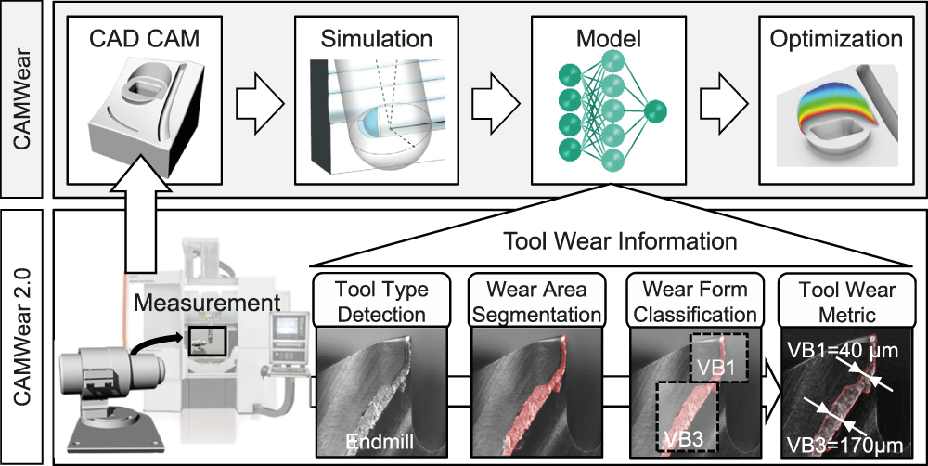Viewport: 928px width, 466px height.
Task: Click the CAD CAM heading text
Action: (x=145, y=39)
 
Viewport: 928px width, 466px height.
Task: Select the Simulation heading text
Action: (x=377, y=39)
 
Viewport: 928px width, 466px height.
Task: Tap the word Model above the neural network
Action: (x=609, y=39)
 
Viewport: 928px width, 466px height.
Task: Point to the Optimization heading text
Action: (x=836, y=39)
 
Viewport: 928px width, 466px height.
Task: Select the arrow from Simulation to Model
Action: (x=496, y=105)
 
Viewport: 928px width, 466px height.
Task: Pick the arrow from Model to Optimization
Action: (x=724, y=105)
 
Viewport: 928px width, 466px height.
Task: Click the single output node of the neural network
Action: (x=655, y=110)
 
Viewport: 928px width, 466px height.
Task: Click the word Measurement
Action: (x=207, y=303)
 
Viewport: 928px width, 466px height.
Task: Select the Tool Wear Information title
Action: (x=620, y=241)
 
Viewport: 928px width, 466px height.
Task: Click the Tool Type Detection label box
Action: (x=381, y=300)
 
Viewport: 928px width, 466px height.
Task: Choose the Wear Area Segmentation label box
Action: (x=536, y=300)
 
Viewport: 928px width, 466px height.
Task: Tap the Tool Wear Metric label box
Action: (x=847, y=300)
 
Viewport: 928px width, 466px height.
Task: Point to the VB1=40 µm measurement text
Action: (x=845, y=351)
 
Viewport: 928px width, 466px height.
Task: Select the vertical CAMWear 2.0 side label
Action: (x=21, y=336)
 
